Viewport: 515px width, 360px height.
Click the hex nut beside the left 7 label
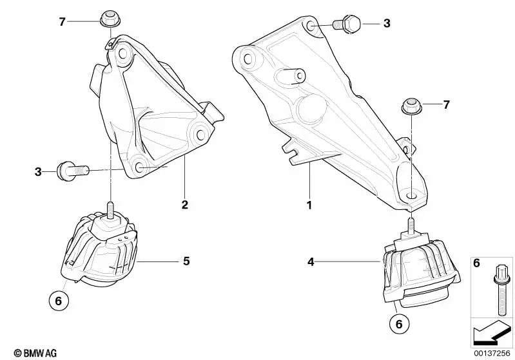point(107,19)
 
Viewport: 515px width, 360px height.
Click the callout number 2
point(184,205)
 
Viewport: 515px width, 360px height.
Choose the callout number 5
point(186,261)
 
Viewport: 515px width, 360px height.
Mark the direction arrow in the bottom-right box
point(491,332)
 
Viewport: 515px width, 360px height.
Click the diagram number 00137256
point(492,352)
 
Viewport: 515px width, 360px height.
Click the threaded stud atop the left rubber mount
point(110,210)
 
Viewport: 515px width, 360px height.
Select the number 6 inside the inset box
point(476,264)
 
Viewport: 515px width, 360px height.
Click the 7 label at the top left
point(62,22)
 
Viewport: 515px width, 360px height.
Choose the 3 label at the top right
point(387,24)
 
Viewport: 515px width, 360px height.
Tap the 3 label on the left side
point(38,171)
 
